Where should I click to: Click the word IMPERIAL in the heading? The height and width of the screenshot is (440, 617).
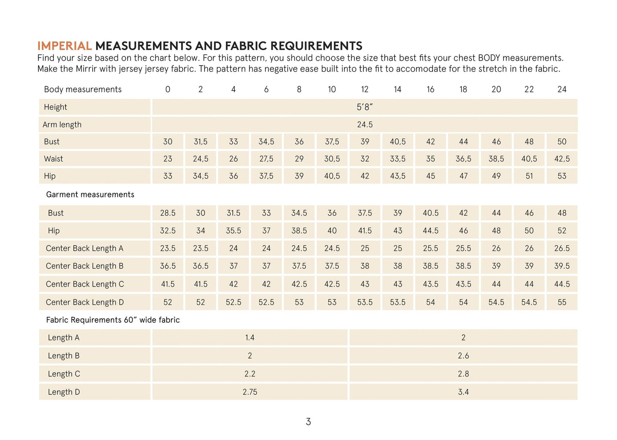64,46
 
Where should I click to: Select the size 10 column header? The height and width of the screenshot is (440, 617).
332,89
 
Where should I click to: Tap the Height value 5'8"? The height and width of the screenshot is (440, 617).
365,107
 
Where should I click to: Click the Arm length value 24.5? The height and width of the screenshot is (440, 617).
365,125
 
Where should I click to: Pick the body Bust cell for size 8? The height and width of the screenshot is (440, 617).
299,142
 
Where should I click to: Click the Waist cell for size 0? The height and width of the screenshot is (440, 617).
168,159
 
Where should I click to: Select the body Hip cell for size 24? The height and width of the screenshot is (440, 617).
561,176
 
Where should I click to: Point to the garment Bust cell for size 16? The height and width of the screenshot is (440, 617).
430,213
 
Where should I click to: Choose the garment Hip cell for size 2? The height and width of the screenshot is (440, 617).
201,231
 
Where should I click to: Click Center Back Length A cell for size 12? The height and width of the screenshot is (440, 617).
365,248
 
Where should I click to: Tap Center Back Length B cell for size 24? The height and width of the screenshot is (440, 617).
561,266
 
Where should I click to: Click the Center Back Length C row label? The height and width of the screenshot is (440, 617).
85,284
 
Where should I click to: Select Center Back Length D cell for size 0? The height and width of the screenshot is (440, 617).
168,302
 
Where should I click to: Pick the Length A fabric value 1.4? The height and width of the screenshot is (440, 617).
250,338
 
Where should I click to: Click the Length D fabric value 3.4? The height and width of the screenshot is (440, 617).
463,392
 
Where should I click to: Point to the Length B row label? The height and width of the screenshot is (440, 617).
64,356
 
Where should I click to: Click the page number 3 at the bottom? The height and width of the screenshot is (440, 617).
308,422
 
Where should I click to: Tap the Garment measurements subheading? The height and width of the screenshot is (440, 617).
90,195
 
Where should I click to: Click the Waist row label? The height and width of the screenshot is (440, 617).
53,159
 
